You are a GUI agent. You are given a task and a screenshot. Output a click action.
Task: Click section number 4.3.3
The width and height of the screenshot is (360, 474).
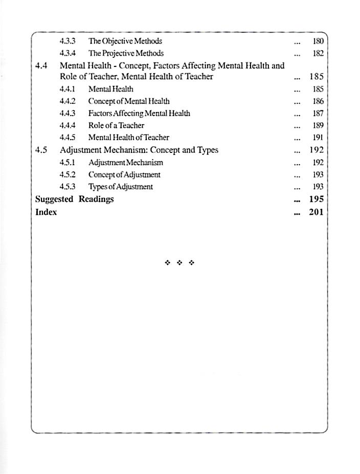(67, 41)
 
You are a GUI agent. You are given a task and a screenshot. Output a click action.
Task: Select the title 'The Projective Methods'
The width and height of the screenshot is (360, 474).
(126, 53)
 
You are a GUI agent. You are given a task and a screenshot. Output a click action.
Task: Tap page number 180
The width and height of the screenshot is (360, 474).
(318, 41)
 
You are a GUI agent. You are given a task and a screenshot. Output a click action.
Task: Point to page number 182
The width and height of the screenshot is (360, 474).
(318, 53)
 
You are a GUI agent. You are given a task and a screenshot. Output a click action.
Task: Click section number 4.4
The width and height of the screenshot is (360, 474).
(41, 66)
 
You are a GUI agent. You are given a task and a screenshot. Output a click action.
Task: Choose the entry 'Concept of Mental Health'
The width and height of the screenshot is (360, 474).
(129, 101)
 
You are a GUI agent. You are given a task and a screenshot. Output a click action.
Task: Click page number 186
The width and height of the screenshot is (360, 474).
(318, 101)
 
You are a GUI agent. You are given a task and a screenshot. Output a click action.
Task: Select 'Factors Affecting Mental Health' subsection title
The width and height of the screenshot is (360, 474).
(139, 114)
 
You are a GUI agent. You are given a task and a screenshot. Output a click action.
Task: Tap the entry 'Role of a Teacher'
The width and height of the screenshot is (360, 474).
(116, 125)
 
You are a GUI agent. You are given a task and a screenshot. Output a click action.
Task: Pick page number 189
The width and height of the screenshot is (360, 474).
(318, 125)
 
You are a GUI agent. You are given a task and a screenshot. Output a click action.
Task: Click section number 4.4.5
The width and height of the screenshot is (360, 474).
(67, 138)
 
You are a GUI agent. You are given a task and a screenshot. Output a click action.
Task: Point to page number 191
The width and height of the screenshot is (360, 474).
(318, 138)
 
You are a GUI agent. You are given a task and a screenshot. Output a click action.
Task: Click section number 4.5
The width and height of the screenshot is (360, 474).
(41, 150)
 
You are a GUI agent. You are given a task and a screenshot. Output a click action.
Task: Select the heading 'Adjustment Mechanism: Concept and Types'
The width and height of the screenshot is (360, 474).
(139, 150)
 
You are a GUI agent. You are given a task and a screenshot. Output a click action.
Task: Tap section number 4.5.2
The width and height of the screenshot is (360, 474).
(67, 175)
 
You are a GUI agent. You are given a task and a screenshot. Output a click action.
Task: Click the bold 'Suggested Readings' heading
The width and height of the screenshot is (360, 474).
(74, 199)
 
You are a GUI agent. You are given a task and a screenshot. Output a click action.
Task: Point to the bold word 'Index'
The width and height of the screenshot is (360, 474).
(46, 212)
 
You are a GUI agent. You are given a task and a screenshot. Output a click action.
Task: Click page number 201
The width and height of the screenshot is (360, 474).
(317, 212)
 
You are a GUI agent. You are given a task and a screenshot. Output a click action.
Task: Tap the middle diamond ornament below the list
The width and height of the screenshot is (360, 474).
(179, 263)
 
